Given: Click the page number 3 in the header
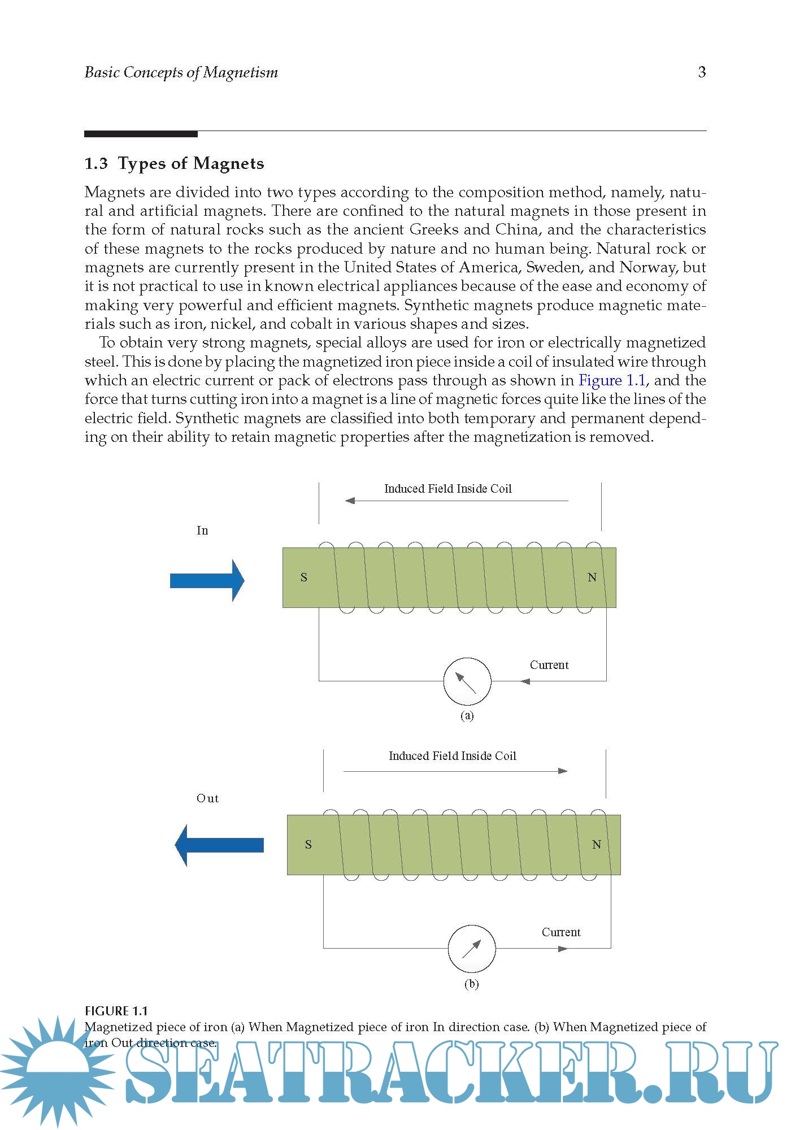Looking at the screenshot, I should click(x=702, y=72).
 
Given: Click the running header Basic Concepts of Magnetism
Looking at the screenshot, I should click(x=181, y=72).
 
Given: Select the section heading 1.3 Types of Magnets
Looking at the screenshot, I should click(x=174, y=163).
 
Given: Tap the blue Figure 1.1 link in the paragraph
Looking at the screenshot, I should click(x=611, y=380).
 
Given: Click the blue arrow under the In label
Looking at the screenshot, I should click(x=207, y=580).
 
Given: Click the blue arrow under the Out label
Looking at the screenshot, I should click(x=219, y=845).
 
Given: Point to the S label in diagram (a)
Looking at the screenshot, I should click(x=304, y=577).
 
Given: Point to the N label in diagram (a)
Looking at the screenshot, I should click(x=592, y=577).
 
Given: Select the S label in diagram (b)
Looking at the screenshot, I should click(x=308, y=845).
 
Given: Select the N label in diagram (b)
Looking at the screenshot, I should click(x=597, y=845).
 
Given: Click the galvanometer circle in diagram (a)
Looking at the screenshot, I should click(x=467, y=681).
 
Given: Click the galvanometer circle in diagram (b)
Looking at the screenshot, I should click(x=472, y=949).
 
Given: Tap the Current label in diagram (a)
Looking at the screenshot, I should click(x=549, y=665).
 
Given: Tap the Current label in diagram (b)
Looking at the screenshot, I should click(x=561, y=932).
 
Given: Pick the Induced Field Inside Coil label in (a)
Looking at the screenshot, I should click(x=448, y=489).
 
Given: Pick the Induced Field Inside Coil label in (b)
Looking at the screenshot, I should click(x=453, y=756).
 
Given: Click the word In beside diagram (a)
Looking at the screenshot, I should click(x=202, y=531).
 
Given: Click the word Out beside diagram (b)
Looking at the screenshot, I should click(x=207, y=798).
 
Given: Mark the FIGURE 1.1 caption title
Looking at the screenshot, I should click(x=116, y=1011).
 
